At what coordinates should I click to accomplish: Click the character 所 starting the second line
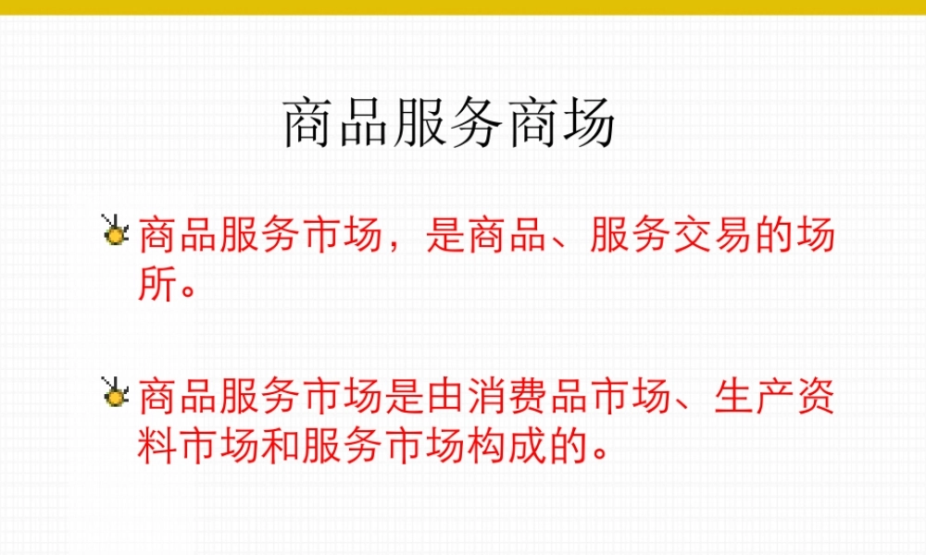coord(156,286)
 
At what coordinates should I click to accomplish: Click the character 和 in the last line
coord(280,448)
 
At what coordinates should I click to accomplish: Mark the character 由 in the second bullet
coord(444,401)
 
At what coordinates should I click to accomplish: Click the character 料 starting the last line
coord(156,448)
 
